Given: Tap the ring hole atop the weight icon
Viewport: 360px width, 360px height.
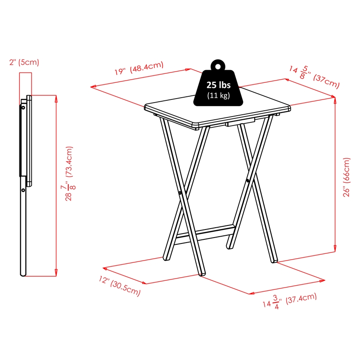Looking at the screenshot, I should coord(218,66).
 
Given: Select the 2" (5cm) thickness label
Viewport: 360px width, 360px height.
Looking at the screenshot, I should coord(23,63).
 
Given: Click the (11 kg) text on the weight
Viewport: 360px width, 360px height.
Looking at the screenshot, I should coord(218,95).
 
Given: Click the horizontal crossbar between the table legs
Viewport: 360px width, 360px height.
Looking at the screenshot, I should coord(205,233).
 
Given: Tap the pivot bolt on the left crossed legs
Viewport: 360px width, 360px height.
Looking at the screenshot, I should coord(180,194).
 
